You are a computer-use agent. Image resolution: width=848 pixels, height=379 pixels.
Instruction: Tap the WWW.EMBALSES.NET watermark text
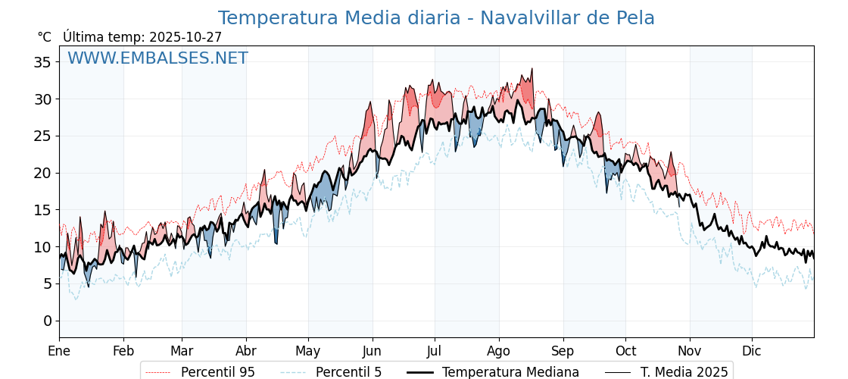pyautogui.click(x=157, y=58)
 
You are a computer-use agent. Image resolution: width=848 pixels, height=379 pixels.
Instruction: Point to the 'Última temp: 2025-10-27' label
pyautogui.click(x=142, y=37)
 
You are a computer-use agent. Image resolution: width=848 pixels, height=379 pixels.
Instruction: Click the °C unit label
pyautogui.click(x=44, y=37)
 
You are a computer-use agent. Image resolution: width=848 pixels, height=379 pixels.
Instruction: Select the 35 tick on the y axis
pyautogui.click(x=42, y=62)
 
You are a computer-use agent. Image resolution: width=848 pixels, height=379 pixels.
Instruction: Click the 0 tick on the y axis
pyautogui.click(x=47, y=321)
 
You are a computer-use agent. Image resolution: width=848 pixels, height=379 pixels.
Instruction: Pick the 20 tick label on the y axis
pyautogui.click(x=42, y=173)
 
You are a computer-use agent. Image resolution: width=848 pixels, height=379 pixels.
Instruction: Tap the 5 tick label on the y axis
pyautogui.click(x=47, y=283)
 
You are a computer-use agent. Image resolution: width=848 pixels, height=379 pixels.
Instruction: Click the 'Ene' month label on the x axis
pyautogui.click(x=59, y=351)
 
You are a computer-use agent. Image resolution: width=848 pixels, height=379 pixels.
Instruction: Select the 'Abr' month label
pyautogui.click(x=246, y=351)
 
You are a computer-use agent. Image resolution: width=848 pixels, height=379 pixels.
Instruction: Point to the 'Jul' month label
pyautogui.click(x=435, y=351)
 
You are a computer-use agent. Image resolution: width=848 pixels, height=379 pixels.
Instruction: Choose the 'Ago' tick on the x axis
pyautogui.click(x=498, y=351)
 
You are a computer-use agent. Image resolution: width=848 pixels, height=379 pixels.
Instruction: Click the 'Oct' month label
pyautogui.click(x=625, y=351)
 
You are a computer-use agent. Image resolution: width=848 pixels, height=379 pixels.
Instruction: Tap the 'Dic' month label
pyautogui.click(x=752, y=351)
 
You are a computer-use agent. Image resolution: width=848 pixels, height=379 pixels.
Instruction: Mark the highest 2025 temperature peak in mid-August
pyautogui.click(x=532, y=69)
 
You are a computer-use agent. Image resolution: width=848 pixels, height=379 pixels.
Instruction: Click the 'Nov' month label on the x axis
pyautogui.click(x=690, y=351)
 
